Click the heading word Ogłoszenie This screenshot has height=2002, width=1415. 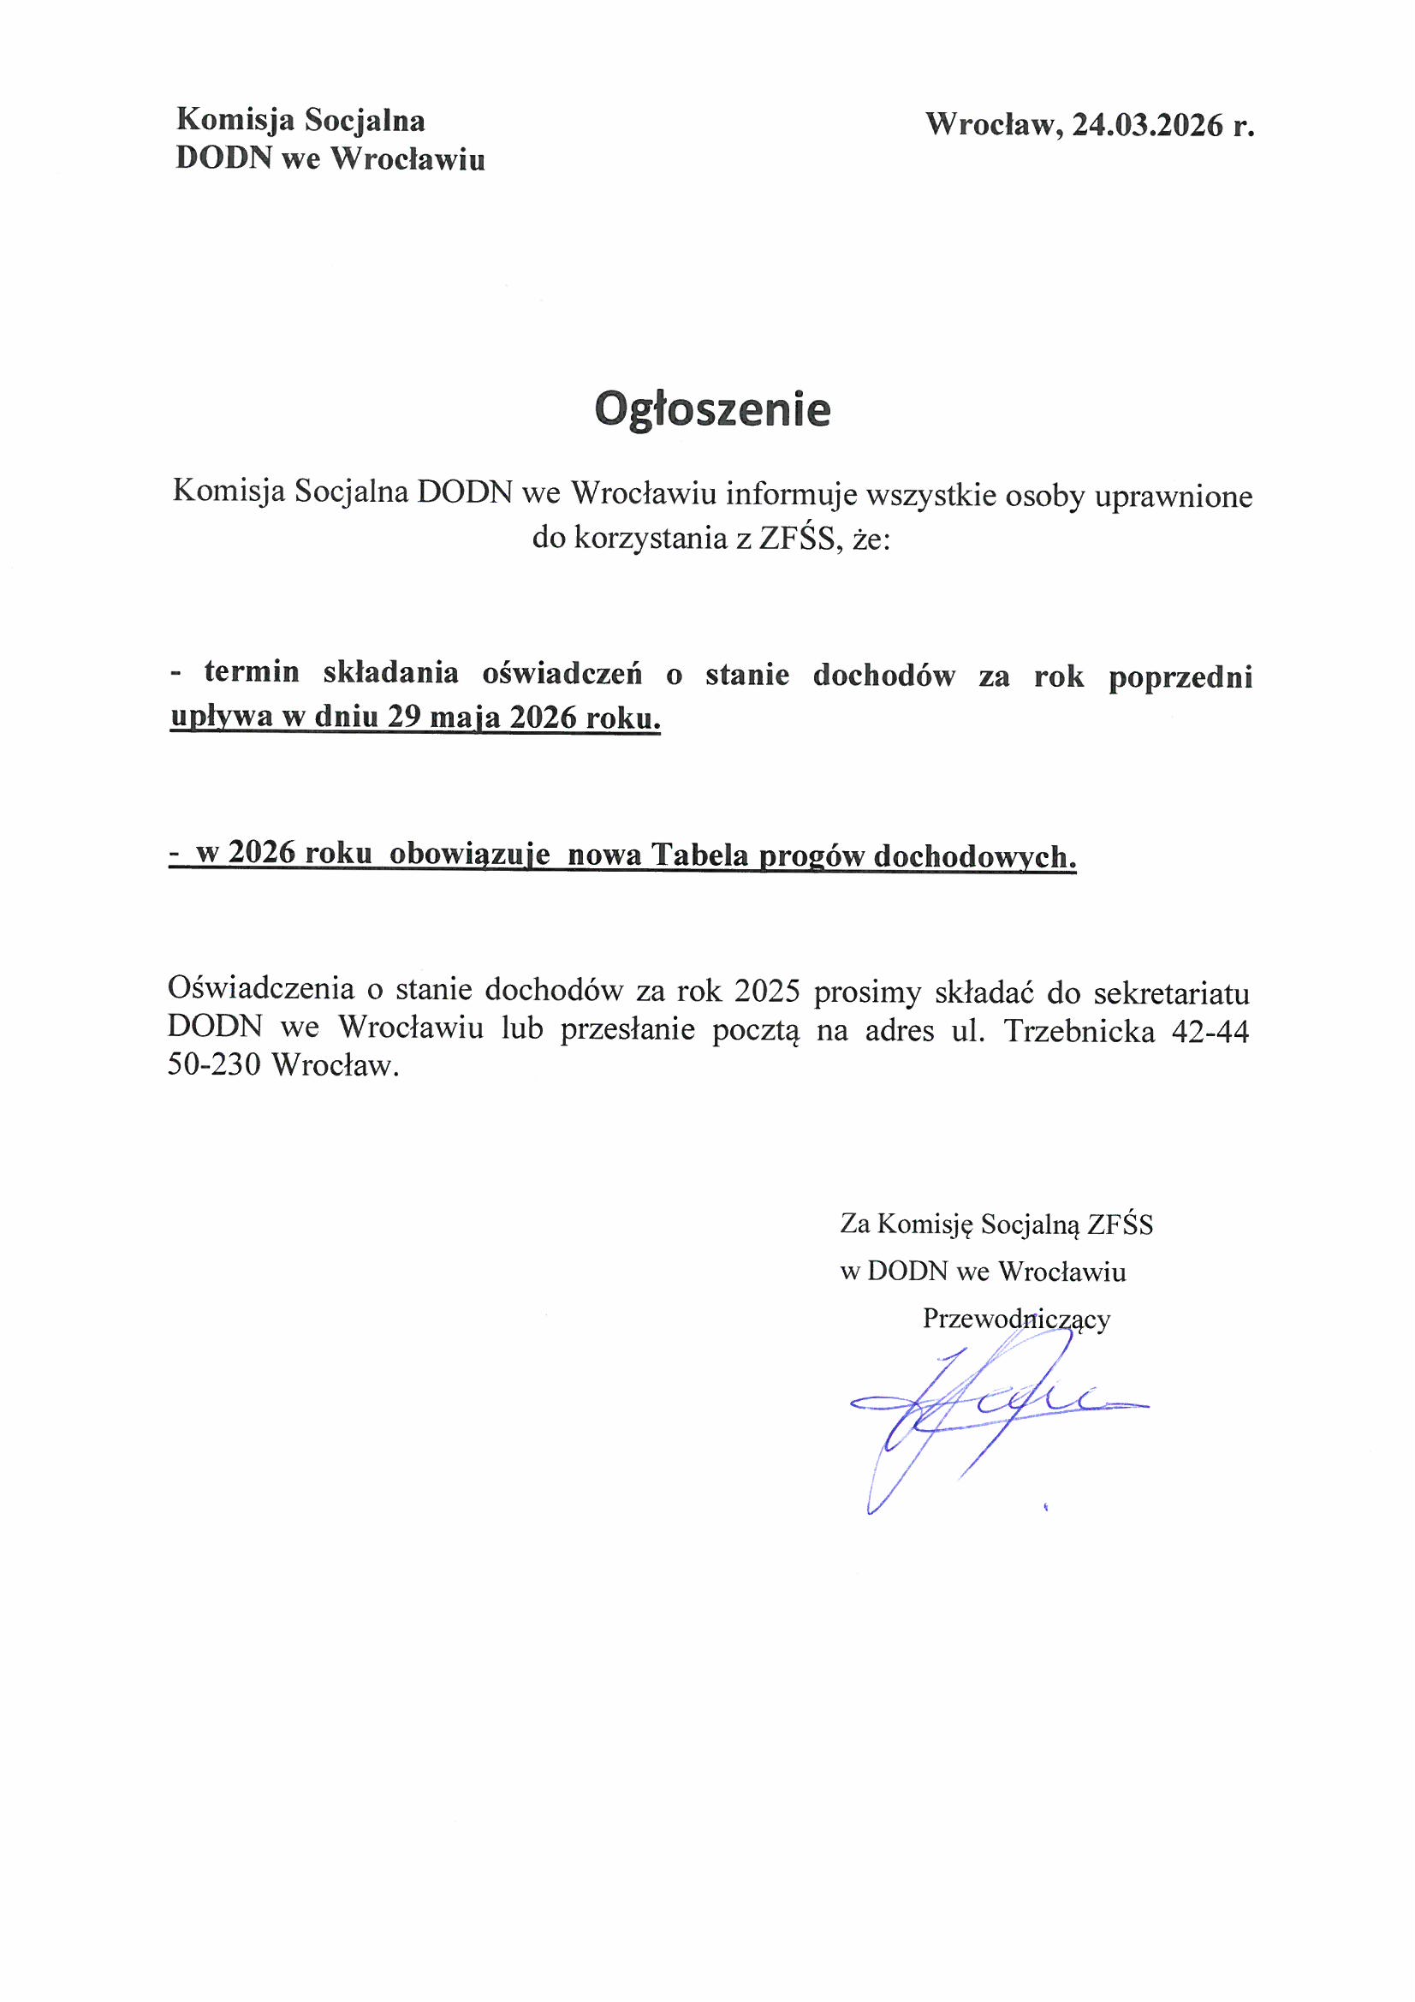pyautogui.click(x=712, y=409)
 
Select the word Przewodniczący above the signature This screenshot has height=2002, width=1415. pyautogui.click(x=1016, y=1319)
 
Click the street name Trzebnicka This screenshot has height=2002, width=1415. pyautogui.click(x=1079, y=1031)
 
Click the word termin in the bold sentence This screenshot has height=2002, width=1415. pyautogui.click(x=252, y=673)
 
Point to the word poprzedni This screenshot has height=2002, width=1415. pyautogui.click(x=1180, y=676)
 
